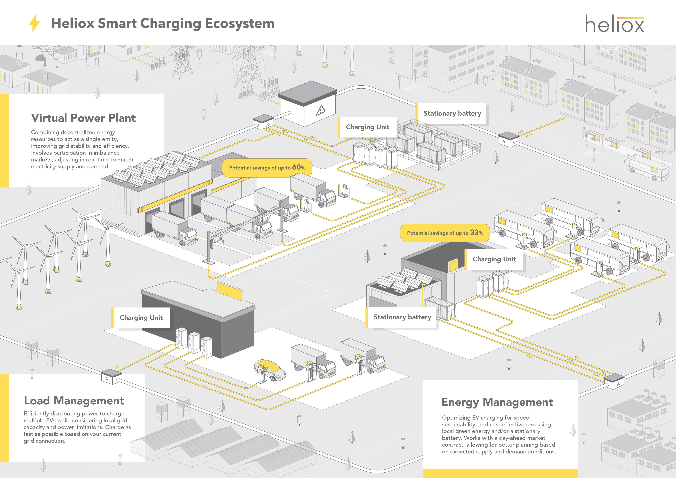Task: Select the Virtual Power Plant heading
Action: (x=83, y=118)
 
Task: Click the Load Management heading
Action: (x=74, y=401)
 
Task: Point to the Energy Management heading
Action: (x=497, y=402)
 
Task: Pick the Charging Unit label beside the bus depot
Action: (x=494, y=259)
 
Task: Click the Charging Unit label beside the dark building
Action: (x=141, y=318)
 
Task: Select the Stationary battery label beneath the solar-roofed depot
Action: (x=402, y=317)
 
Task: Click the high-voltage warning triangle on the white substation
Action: (x=321, y=111)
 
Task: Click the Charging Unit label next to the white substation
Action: (x=368, y=127)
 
